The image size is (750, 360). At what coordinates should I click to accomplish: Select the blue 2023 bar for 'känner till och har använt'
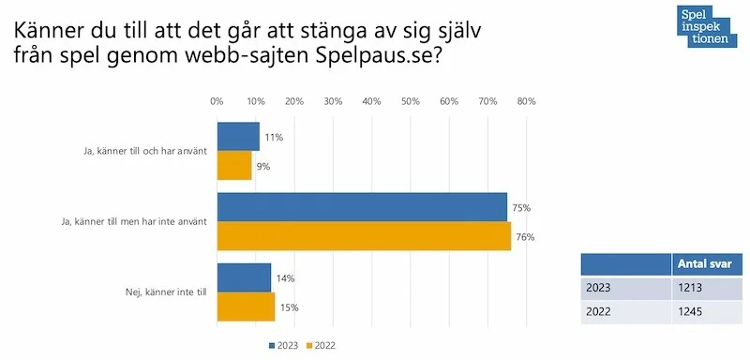click(238, 137)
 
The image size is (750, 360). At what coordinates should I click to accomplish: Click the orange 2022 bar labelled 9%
click(234, 166)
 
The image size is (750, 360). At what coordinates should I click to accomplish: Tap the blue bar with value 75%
click(362, 207)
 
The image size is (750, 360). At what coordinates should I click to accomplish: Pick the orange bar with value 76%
click(364, 236)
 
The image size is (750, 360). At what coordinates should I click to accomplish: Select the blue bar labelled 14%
click(244, 277)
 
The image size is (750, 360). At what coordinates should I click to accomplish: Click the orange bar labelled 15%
click(246, 307)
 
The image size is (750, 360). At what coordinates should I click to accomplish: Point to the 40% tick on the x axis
click(371, 101)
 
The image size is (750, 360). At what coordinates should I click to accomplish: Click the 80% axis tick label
click(526, 101)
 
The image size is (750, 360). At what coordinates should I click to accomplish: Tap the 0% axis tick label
click(217, 101)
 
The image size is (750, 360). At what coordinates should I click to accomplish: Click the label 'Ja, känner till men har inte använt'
click(136, 222)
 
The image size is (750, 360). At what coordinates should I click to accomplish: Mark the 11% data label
click(274, 137)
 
